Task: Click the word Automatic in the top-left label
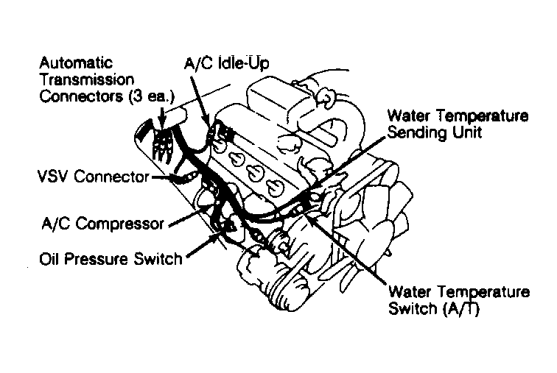[x=76, y=63]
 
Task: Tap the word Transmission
[x=87, y=79]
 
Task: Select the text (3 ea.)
[x=152, y=96]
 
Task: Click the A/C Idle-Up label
[x=227, y=63]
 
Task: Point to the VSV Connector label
[x=94, y=177]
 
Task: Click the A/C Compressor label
[x=103, y=224]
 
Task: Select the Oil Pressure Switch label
[x=111, y=259]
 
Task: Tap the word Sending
[x=417, y=133]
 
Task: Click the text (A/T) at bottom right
[x=461, y=309]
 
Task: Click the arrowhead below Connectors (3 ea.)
[x=162, y=124]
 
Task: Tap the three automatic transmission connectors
[x=162, y=146]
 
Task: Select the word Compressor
[x=119, y=224]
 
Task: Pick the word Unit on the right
[x=467, y=132]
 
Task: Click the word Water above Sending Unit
[x=408, y=116]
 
